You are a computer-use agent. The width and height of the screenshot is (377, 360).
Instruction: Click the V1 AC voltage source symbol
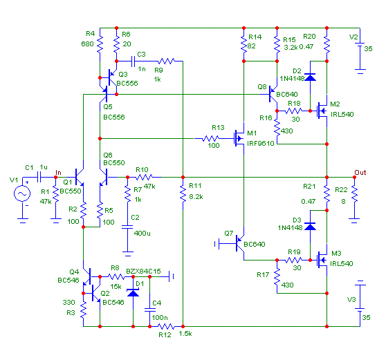click(x=22, y=193)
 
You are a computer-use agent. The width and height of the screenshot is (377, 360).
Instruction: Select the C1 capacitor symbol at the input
click(x=39, y=178)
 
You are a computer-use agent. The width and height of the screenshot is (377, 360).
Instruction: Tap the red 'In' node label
click(x=58, y=173)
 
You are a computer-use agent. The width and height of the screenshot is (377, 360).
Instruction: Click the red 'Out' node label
click(x=360, y=173)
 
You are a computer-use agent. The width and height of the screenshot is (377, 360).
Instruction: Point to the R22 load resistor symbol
click(x=354, y=193)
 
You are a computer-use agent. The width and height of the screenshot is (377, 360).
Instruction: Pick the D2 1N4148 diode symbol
click(x=310, y=77)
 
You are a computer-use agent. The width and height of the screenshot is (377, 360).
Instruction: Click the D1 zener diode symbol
click(x=133, y=293)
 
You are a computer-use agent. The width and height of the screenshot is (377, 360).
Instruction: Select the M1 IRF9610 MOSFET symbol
click(x=239, y=138)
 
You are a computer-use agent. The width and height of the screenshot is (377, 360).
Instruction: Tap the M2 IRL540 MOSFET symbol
click(x=322, y=111)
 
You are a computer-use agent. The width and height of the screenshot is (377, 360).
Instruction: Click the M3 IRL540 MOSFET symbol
click(x=322, y=260)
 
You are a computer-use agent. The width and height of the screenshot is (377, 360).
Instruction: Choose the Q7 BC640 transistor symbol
click(x=240, y=243)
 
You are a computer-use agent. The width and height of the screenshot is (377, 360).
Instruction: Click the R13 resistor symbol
click(x=210, y=139)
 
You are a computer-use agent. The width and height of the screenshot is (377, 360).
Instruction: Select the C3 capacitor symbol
click(x=133, y=61)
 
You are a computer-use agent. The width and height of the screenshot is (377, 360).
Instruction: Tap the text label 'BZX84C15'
click(x=143, y=271)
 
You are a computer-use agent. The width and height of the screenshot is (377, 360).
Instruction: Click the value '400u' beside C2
click(x=142, y=233)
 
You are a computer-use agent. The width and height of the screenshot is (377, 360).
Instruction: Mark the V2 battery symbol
click(x=360, y=57)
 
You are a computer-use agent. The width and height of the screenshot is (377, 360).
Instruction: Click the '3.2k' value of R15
click(x=291, y=47)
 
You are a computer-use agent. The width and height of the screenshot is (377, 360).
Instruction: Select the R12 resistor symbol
click(x=167, y=326)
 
